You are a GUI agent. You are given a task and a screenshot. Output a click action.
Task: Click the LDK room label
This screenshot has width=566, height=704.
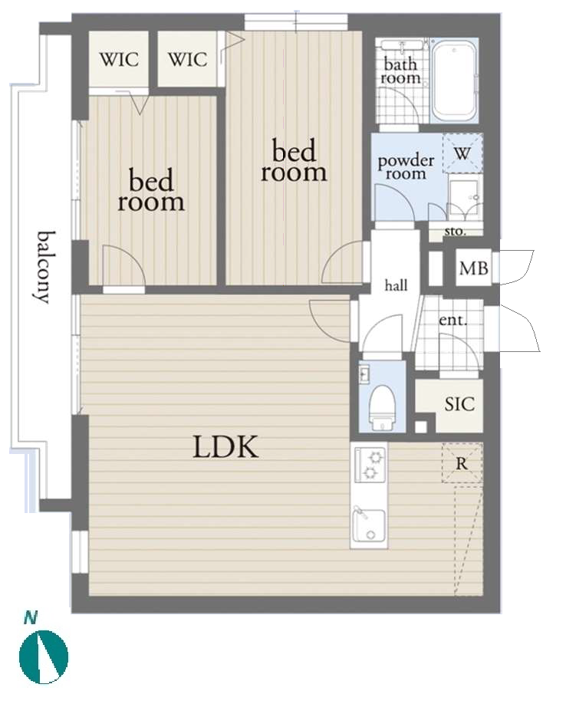click(x=225, y=447)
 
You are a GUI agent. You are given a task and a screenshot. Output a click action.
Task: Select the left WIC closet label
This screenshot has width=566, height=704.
click(x=120, y=59)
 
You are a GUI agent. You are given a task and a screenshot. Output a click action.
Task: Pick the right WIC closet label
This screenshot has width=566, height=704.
click(x=188, y=59)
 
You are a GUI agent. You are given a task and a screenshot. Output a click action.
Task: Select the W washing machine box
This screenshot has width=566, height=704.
click(x=463, y=153)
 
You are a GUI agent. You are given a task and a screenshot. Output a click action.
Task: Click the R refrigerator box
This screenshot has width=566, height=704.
click(x=463, y=464)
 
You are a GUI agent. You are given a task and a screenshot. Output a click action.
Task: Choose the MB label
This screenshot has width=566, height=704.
click(x=471, y=269)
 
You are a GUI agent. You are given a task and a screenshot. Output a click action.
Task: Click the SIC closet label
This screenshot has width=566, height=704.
click(x=459, y=404)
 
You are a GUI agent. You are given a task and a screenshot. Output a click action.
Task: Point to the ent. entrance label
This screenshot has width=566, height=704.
click(x=452, y=321)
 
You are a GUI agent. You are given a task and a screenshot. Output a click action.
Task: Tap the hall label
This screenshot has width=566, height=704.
click(x=396, y=286)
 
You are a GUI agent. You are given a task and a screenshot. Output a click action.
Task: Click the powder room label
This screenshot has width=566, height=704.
click(x=406, y=167)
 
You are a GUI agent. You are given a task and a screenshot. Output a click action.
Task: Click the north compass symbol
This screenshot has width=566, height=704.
click(x=44, y=656)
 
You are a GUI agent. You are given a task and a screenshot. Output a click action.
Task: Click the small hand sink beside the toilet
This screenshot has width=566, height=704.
click(x=365, y=375)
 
